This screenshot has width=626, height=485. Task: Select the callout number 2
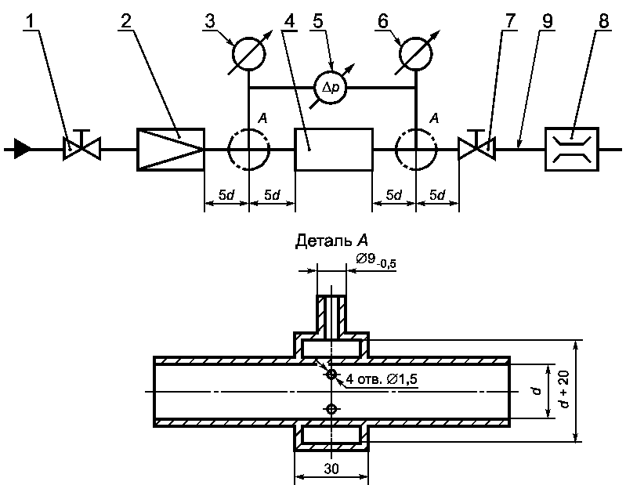pos(126,22)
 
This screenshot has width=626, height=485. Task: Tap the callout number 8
pos(604,22)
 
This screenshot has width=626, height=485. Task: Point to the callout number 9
pos(547,22)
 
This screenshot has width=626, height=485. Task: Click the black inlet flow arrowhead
pos(23,149)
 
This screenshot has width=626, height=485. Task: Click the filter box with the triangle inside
pos(171,150)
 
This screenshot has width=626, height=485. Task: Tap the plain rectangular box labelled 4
pos(334,150)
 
